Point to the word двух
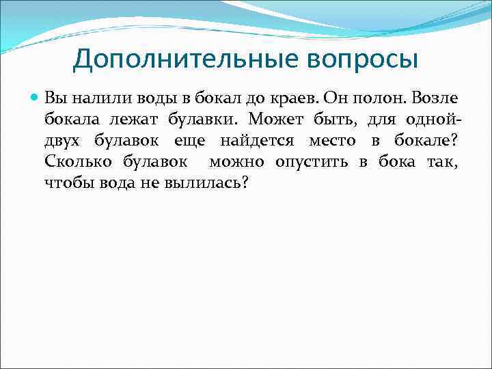click(x=62, y=141)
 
